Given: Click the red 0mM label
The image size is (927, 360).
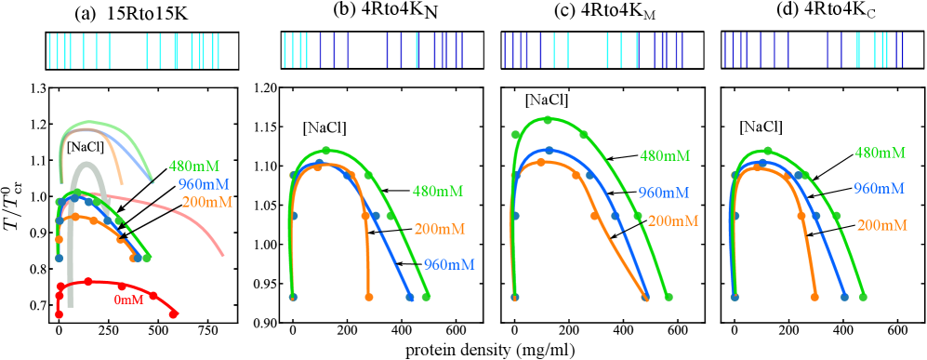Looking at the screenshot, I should [129, 300].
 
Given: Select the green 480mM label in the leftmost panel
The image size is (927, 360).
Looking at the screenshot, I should [194, 166].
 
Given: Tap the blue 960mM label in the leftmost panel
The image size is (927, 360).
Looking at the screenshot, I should [204, 183].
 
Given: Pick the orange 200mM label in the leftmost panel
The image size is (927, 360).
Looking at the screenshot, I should [206, 202].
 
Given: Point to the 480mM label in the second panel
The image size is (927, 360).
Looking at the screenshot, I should [437, 192].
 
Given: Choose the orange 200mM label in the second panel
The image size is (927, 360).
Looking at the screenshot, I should [439, 229].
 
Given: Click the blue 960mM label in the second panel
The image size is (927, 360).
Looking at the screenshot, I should [449, 264].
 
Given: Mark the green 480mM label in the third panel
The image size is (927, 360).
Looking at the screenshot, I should [665, 156].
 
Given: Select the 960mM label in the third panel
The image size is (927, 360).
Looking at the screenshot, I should [664, 193].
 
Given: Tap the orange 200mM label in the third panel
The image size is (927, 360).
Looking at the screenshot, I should [672, 221].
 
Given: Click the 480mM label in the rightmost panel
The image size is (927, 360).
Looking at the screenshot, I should [880, 153].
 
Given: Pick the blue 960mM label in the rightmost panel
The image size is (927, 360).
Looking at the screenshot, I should [879, 189].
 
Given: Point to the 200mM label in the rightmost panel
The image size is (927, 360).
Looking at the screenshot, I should [881, 225].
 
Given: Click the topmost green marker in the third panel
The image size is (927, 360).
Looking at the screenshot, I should [549, 120].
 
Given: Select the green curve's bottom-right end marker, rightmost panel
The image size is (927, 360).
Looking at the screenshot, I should [863, 297].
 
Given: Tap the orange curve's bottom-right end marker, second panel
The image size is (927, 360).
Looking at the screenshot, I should [369, 297].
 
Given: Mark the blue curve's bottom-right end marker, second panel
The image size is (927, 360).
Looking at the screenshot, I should [410, 297].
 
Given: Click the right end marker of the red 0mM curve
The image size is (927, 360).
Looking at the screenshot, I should [174, 314].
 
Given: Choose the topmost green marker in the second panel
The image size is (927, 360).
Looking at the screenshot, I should [326, 150].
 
